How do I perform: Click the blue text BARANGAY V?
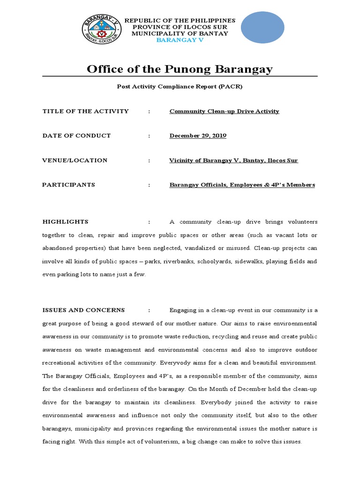click(x=180, y=40)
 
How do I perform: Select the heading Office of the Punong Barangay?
click(x=180, y=69)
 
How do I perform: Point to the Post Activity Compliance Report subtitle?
click(x=180, y=87)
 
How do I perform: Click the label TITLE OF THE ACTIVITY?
click(x=85, y=111)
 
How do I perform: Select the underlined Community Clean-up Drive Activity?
click(x=224, y=111)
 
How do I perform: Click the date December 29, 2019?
click(x=198, y=135)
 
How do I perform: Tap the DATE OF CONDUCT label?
click(x=76, y=135)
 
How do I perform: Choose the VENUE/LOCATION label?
click(x=75, y=160)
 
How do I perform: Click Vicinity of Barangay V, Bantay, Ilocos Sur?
click(x=233, y=160)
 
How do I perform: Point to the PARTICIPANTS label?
click(x=68, y=185)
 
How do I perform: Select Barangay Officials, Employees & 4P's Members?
click(x=242, y=185)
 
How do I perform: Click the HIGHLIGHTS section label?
click(x=65, y=222)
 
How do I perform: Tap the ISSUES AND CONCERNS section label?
click(x=83, y=310)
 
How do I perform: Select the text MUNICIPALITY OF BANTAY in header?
click(x=180, y=33)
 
